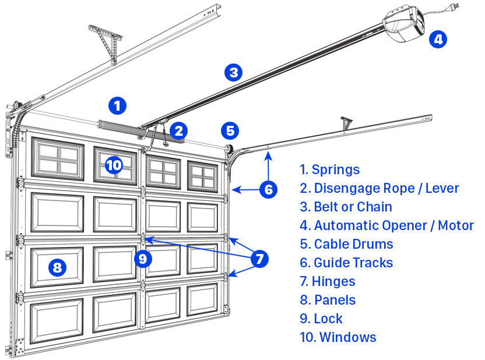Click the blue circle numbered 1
point(117,106)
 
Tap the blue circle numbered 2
point(179,130)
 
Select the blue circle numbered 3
point(233,73)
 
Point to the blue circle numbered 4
point(438,39)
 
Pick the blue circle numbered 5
point(230,130)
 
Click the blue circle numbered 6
point(268,189)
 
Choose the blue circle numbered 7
point(260,257)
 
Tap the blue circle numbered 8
point(57,268)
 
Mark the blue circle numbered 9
point(142,257)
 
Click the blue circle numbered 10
point(114,165)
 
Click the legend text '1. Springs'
point(329,170)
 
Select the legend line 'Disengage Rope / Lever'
point(379,188)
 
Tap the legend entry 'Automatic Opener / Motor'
point(386,225)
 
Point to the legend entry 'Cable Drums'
point(346,244)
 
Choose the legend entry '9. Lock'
point(321,319)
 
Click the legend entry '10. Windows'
point(338,337)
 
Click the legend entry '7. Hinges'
point(327,281)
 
